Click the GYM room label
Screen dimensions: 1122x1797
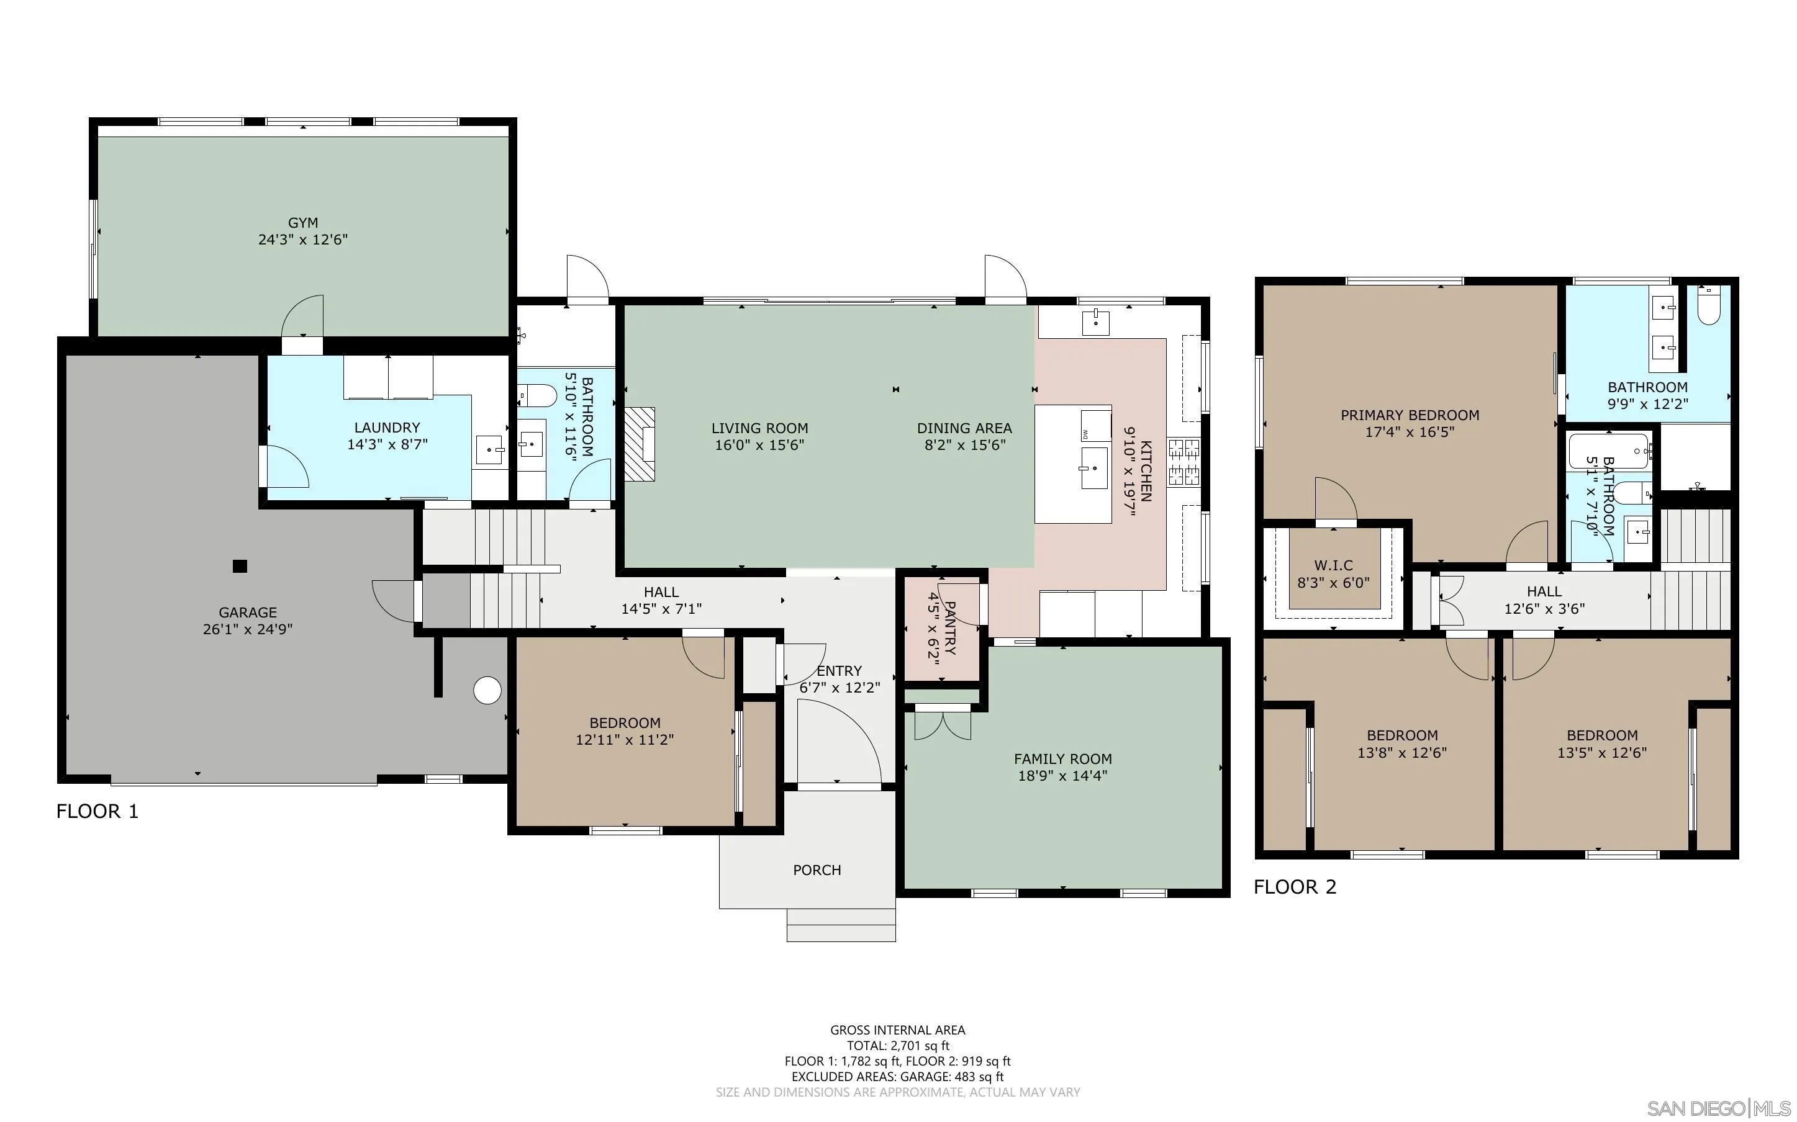(x=303, y=223)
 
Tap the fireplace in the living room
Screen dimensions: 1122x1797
(x=640, y=444)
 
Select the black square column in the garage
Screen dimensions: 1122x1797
(x=240, y=566)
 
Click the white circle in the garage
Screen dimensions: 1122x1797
(x=487, y=690)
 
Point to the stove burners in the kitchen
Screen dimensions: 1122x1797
(x=1184, y=462)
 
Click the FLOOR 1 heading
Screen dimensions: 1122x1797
(x=97, y=811)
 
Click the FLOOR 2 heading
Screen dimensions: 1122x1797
(x=1295, y=887)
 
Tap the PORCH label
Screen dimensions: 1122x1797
(x=817, y=869)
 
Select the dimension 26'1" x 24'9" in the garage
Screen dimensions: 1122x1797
(x=248, y=629)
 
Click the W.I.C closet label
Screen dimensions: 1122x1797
(x=1334, y=565)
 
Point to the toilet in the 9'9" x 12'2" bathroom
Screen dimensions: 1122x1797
(x=1709, y=308)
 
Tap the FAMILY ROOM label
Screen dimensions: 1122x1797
(x=1062, y=758)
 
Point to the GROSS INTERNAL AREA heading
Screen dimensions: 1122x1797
(x=897, y=1030)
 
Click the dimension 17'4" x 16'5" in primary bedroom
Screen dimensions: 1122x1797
(x=1409, y=432)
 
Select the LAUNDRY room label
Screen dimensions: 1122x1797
(x=387, y=428)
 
